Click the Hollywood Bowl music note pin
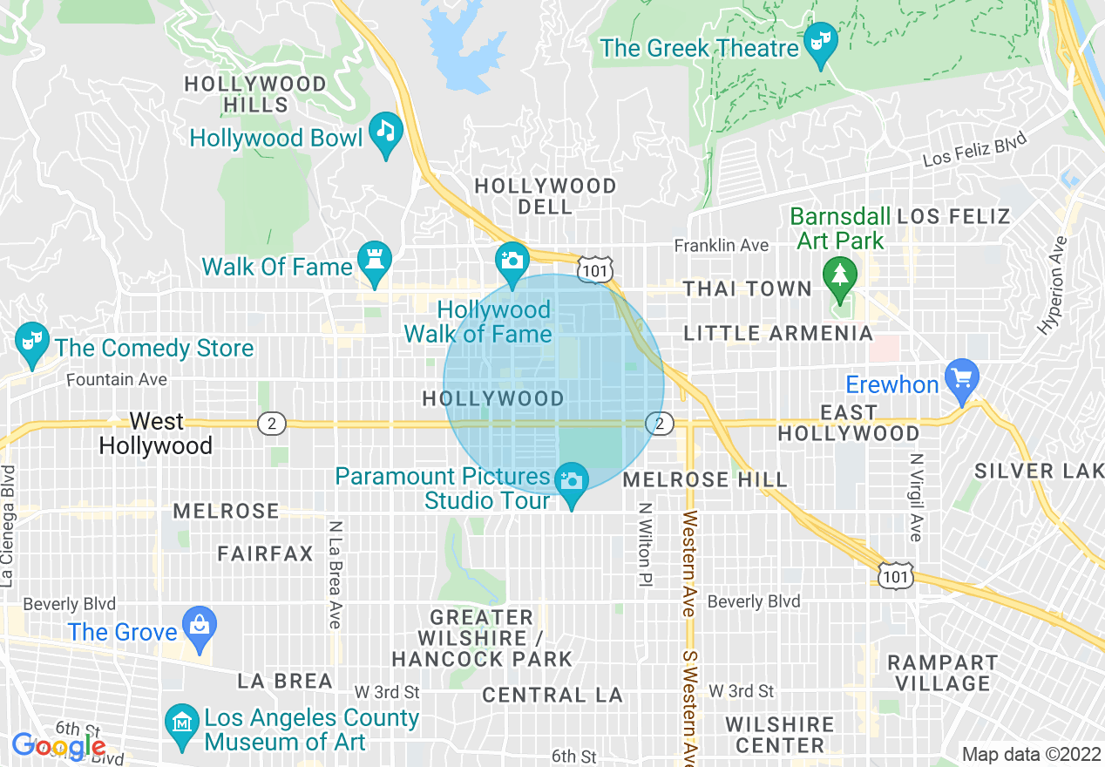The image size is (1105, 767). (x=386, y=133)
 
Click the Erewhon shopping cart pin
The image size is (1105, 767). (x=962, y=379)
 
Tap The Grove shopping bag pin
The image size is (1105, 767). (x=200, y=627)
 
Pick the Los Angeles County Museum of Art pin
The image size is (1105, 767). (x=182, y=725)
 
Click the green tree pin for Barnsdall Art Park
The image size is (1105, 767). (x=839, y=276)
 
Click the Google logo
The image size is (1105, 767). (x=58, y=746)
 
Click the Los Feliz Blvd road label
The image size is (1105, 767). (x=974, y=148)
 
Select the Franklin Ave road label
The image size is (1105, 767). (x=722, y=247)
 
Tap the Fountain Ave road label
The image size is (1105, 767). (x=117, y=380)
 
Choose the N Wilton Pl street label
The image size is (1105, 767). (x=645, y=544)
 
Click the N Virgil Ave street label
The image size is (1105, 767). (x=915, y=497)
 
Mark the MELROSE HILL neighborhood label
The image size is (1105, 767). (x=705, y=479)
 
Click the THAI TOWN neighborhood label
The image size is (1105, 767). (x=747, y=289)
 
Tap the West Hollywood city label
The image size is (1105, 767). (x=156, y=433)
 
